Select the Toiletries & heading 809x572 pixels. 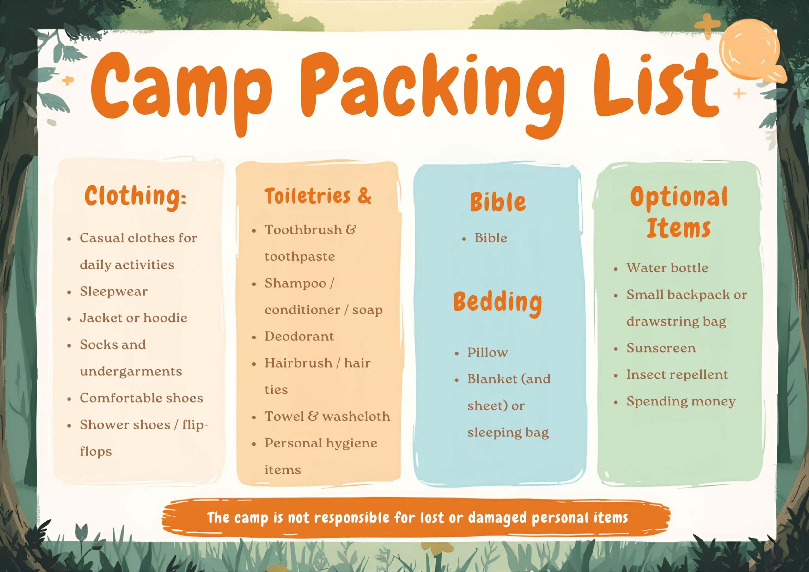pos(318,196)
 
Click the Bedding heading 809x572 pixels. pos(497,304)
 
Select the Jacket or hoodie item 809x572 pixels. pos(134,318)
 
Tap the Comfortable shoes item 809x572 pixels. pos(141,398)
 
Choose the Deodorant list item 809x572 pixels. pos(299,336)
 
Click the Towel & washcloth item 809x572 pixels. pos(327,416)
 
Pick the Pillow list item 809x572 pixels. pos(487,352)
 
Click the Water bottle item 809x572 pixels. pos(667,268)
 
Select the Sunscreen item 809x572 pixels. pos(661,348)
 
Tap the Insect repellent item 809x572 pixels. pos(677,374)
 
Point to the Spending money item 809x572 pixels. pos(681,402)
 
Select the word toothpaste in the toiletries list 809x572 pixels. pos(300,257)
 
